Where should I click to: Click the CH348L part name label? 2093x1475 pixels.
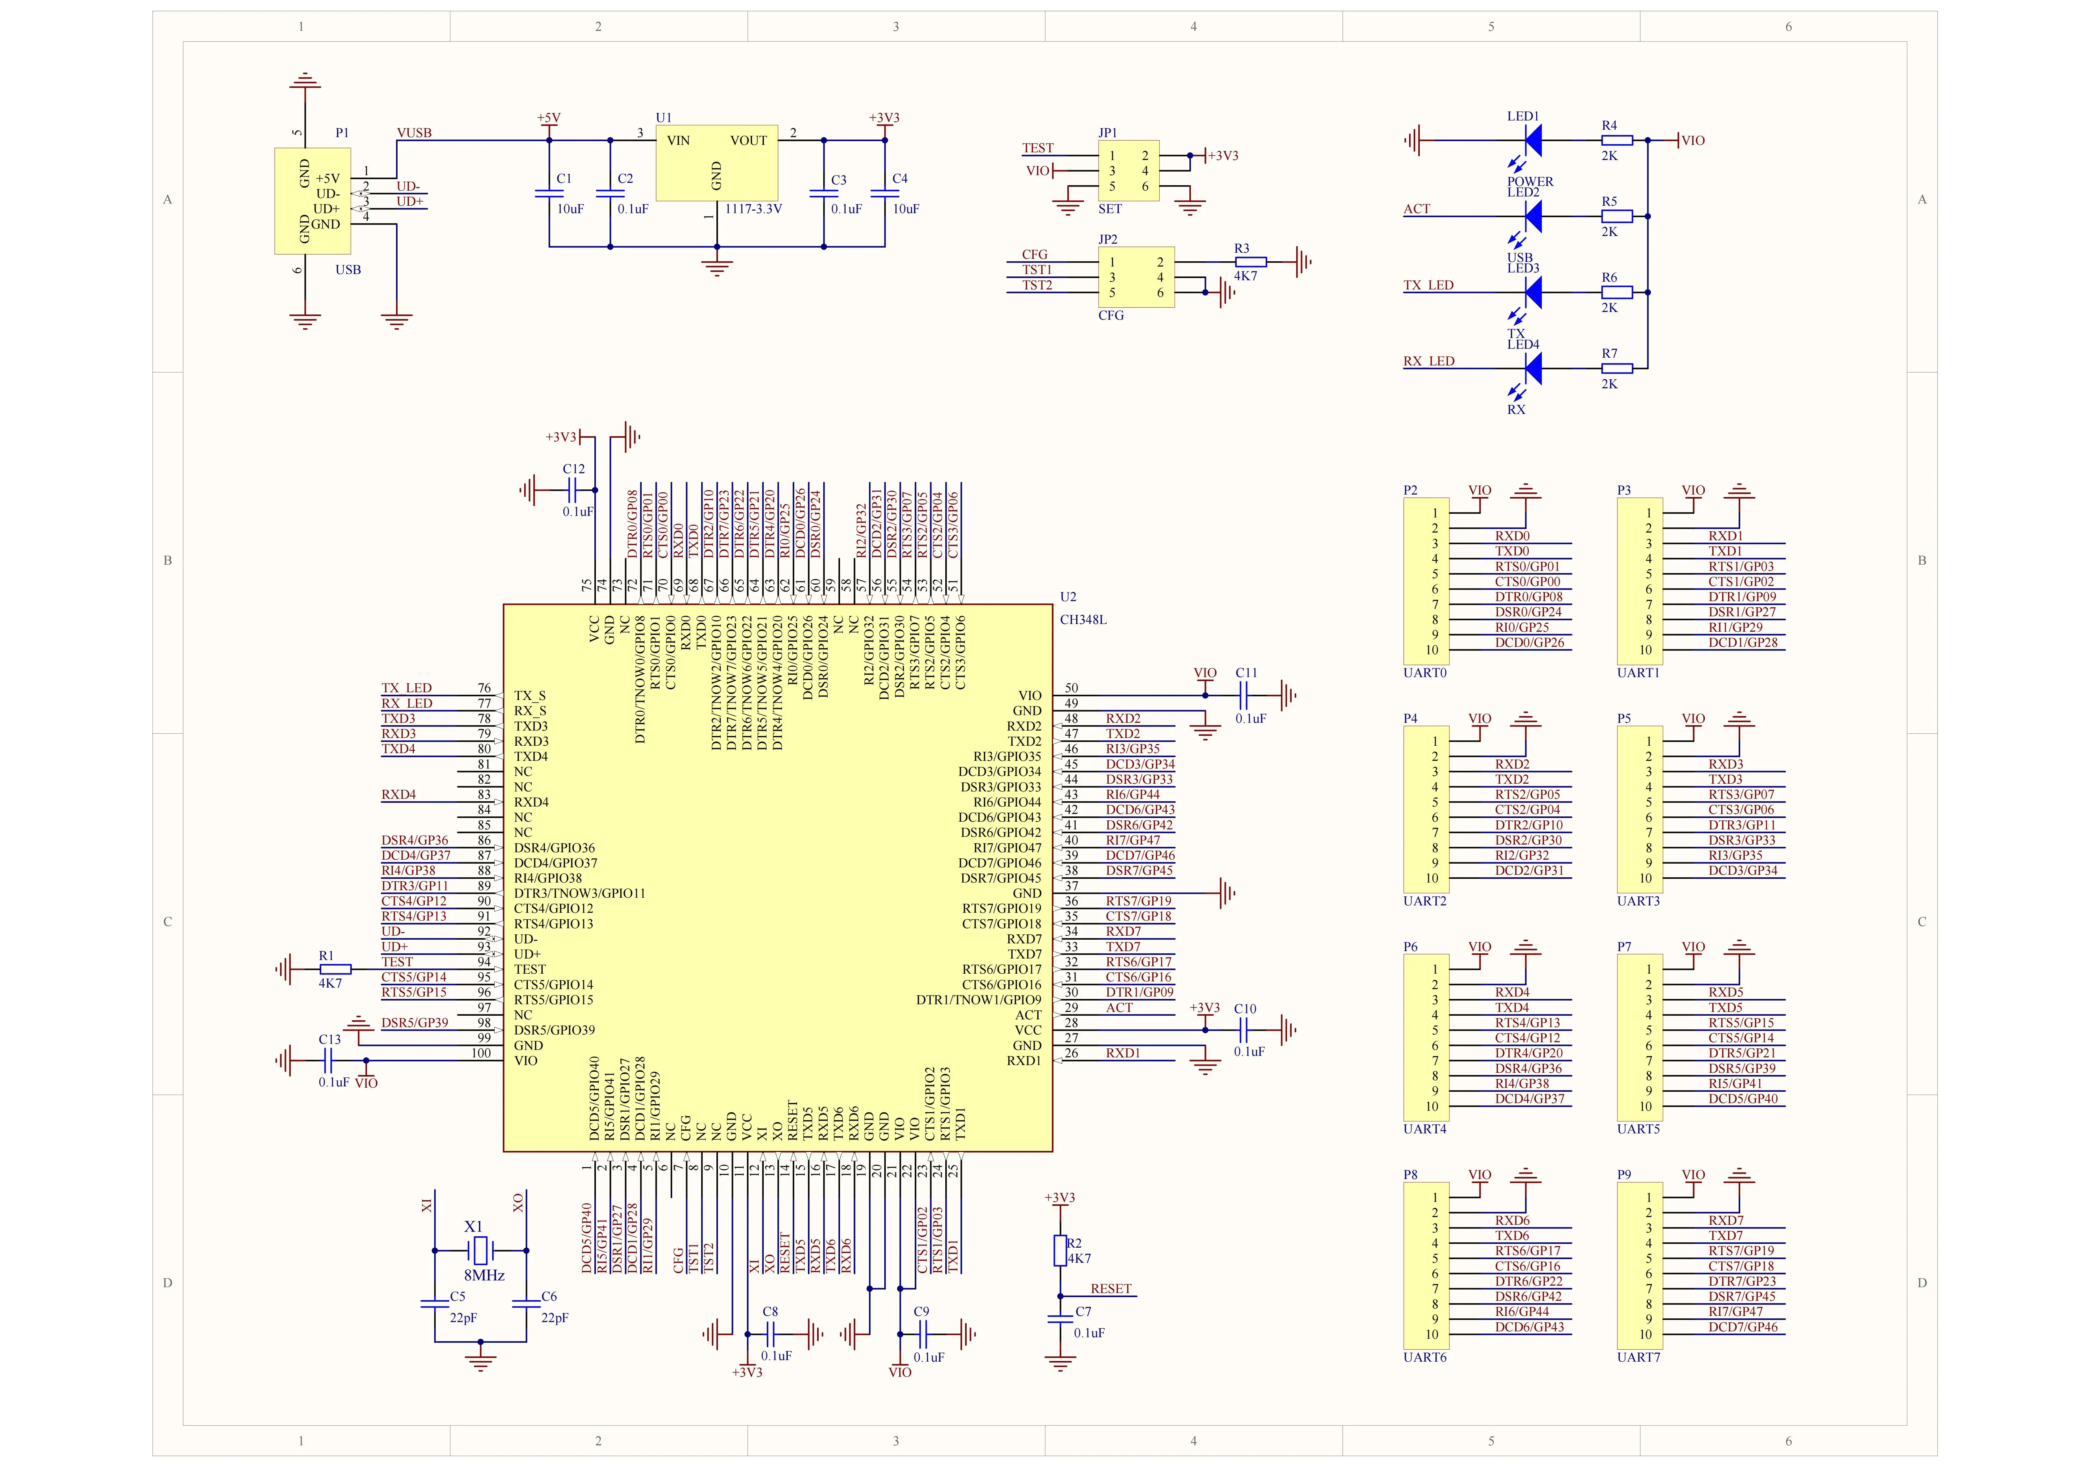click(x=1083, y=620)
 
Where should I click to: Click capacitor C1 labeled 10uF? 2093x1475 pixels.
click(x=549, y=193)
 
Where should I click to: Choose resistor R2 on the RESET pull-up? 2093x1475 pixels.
click(x=1060, y=1251)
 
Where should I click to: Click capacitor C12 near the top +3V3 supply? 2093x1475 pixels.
click(x=572, y=491)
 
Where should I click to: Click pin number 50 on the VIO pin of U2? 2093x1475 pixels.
click(x=1071, y=688)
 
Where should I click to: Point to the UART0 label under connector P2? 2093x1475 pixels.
click(x=1425, y=673)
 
